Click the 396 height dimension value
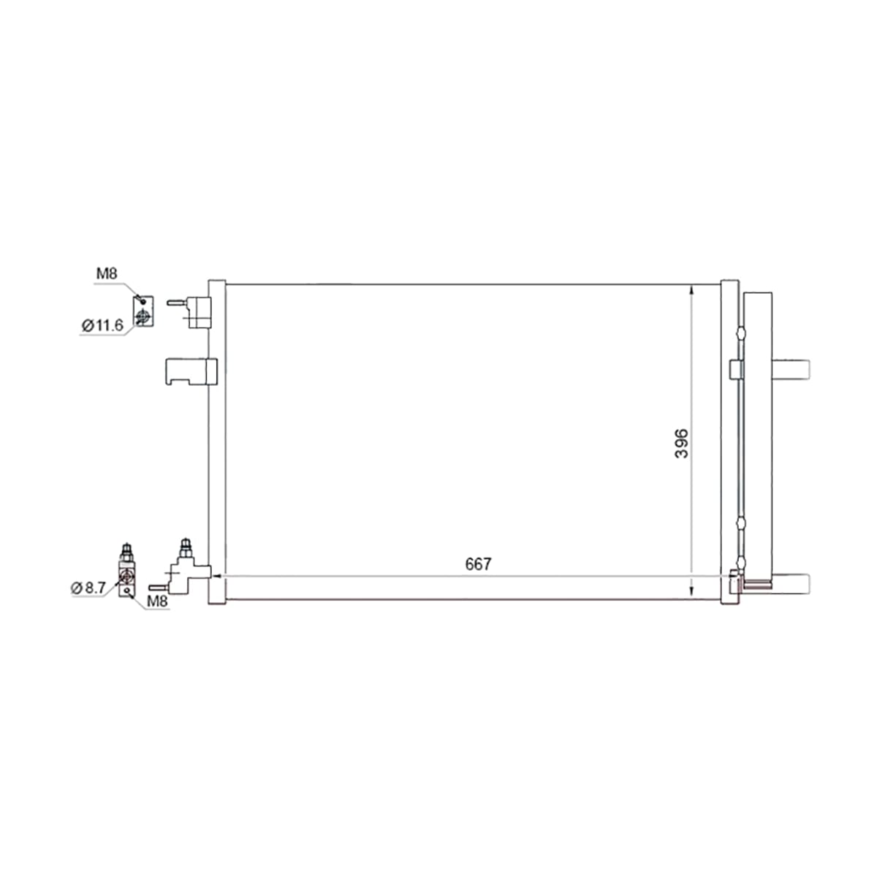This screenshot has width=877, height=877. coord(681,444)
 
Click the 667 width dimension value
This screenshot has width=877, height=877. coord(478,564)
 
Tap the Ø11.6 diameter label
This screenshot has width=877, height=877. coord(102,325)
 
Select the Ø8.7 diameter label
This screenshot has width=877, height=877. coord(88,588)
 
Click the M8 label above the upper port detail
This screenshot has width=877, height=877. coord(107,273)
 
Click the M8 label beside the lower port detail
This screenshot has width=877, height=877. coord(157,601)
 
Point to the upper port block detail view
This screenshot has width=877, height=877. coord(143,311)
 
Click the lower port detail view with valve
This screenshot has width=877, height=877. coord(127,570)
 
